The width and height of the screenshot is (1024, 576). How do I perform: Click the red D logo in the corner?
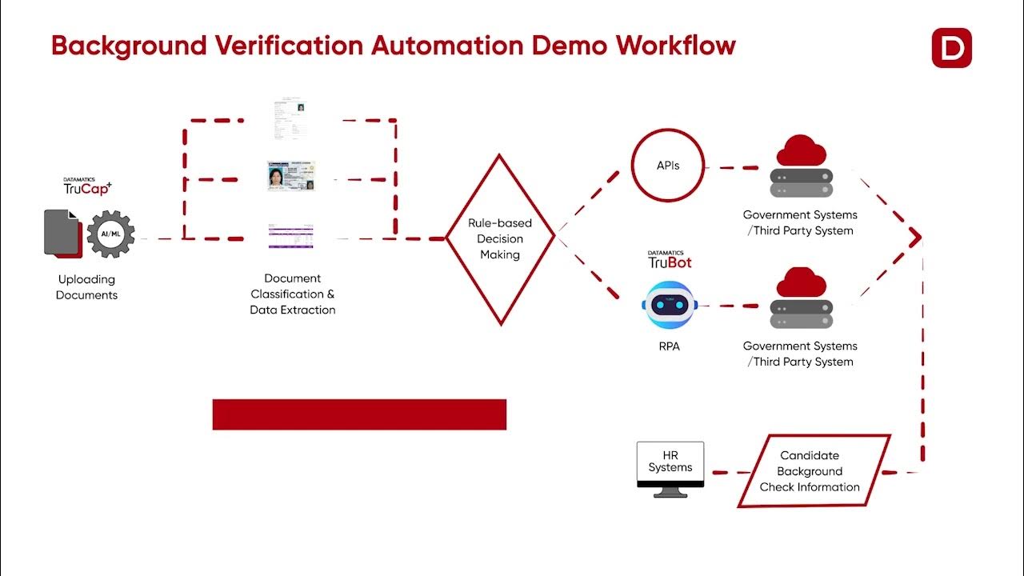951,48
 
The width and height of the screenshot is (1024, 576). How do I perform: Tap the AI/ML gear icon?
110,234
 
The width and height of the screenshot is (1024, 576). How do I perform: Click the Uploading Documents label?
86,287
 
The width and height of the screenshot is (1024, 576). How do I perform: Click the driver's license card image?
291,176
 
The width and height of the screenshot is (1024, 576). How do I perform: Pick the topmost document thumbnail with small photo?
290,118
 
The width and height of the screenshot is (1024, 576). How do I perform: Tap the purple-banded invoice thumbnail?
290,235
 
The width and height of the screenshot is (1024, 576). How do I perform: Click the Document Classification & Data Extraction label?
293,294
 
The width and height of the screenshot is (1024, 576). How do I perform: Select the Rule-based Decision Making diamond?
500,238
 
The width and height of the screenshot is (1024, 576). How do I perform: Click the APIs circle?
668,166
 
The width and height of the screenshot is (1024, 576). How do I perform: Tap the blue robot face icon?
669,305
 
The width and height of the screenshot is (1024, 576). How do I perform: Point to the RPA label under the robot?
669,347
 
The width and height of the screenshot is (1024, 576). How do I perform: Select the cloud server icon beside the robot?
801,298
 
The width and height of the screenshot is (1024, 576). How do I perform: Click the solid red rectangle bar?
359,414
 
